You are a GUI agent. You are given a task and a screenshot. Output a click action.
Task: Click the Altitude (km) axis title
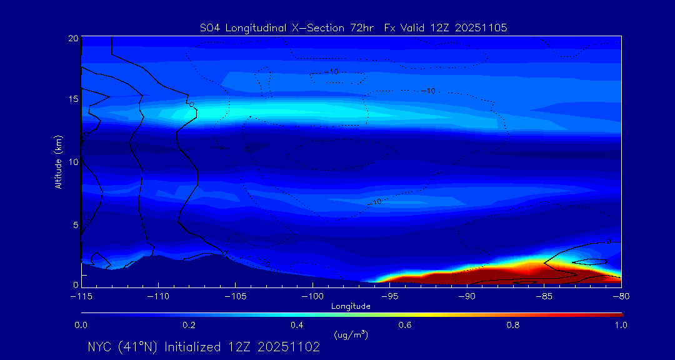pyautogui.click(x=58, y=162)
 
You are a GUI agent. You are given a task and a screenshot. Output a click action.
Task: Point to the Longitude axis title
pyautogui.click(x=351, y=306)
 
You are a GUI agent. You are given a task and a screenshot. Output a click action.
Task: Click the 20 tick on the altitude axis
pyautogui.click(x=72, y=38)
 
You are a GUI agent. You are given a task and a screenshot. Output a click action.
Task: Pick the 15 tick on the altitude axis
pyautogui.click(x=72, y=99)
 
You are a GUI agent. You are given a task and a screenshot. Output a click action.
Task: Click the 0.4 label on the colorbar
pyautogui.click(x=297, y=325)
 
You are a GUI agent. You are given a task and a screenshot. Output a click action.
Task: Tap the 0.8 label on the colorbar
pyautogui.click(x=513, y=325)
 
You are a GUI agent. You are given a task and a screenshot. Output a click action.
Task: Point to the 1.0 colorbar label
pyautogui.click(x=621, y=325)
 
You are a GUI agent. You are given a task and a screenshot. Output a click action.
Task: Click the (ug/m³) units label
pyautogui.click(x=351, y=335)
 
